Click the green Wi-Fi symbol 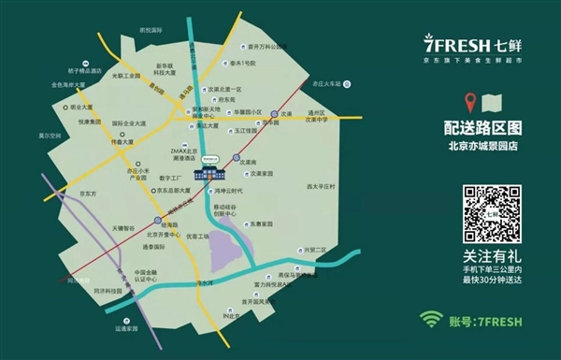(430, 321)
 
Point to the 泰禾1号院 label (245, 64)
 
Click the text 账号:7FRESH (486, 322)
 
